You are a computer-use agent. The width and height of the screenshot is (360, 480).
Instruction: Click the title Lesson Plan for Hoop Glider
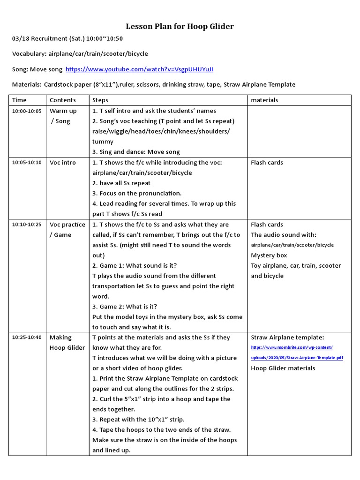pyautogui.click(x=180, y=26)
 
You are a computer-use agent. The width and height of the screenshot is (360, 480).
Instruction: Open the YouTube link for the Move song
pyautogui.click(x=139, y=69)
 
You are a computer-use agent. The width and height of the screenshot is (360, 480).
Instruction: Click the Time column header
pyautogui.click(x=19, y=100)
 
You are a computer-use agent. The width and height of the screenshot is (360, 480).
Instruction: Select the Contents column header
pyautogui.click(x=62, y=100)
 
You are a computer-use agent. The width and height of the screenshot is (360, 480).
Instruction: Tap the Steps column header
pyautogui.click(x=100, y=100)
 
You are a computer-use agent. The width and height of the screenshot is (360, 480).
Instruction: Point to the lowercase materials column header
pyautogui.click(x=264, y=100)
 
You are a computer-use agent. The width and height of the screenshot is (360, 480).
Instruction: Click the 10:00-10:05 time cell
pyautogui.click(x=27, y=111)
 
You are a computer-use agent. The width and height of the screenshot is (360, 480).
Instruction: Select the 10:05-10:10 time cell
pyautogui.click(x=27, y=163)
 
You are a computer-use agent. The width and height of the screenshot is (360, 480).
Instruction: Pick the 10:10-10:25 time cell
pyautogui.click(x=27, y=225)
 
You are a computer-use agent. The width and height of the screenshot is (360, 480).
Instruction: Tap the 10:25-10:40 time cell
pyautogui.click(x=27, y=337)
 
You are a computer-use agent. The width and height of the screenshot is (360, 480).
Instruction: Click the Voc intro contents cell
pyautogui.click(x=62, y=163)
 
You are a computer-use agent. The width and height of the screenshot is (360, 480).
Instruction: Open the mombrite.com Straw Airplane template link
pyautogui.click(x=297, y=352)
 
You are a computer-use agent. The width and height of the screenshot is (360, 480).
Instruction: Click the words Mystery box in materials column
pyautogui.click(x=269, y=255)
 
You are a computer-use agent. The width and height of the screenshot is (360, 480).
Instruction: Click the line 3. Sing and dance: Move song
pyautogui.click(x=136, y=152)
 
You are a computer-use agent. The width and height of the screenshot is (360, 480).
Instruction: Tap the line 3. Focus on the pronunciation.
pyautogui.click(x=137, y=193)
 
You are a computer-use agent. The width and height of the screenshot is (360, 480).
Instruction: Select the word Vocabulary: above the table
pyautogui.click(x=29, y=54)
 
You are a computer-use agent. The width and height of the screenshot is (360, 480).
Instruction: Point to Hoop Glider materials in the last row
pyautogui.click(x=283, y=368)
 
